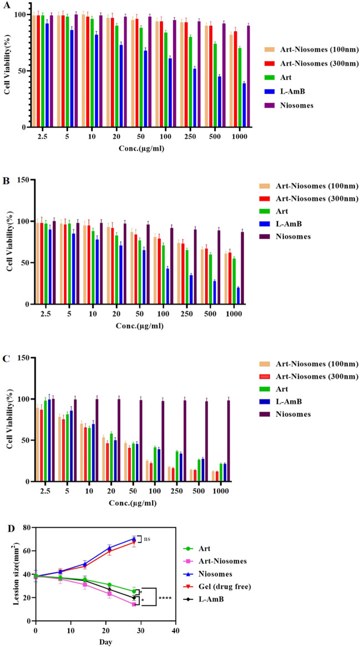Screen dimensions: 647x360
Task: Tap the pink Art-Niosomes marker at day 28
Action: [x=134, y=604]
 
